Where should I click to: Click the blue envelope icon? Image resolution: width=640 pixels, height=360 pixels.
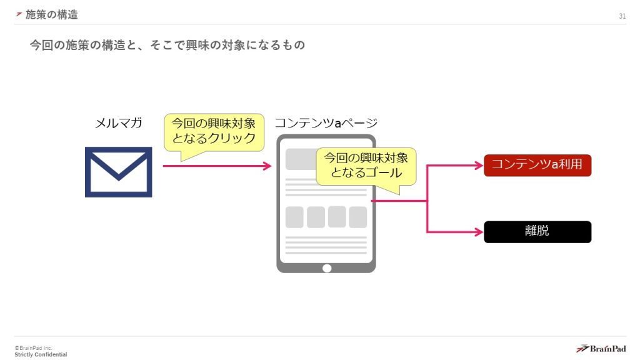(118, 172)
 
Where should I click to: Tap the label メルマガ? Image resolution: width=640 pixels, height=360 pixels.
(118, 123)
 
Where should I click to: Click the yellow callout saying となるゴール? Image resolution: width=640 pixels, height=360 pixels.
(366, 165)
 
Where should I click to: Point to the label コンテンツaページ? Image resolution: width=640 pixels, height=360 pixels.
(326, 123)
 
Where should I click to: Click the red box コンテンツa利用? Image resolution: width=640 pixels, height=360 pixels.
(537, 166)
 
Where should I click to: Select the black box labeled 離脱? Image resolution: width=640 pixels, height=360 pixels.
(537, 231)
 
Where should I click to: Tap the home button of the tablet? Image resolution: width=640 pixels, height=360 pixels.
(326, 268)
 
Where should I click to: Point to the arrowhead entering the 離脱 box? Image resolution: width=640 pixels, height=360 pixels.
(479, 232)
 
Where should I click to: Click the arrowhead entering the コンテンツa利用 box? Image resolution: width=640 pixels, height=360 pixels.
(479, 166)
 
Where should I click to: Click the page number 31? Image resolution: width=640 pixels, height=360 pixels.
(622, 16)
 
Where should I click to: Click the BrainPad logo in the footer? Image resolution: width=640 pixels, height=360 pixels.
(600, 348)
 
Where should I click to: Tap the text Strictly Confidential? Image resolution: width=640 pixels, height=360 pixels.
(41, 354)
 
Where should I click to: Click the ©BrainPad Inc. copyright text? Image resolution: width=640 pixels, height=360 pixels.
(34, 347)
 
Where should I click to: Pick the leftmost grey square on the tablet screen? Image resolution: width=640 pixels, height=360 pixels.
(294, 217)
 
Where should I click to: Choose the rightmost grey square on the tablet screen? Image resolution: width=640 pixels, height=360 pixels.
(357, 217)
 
